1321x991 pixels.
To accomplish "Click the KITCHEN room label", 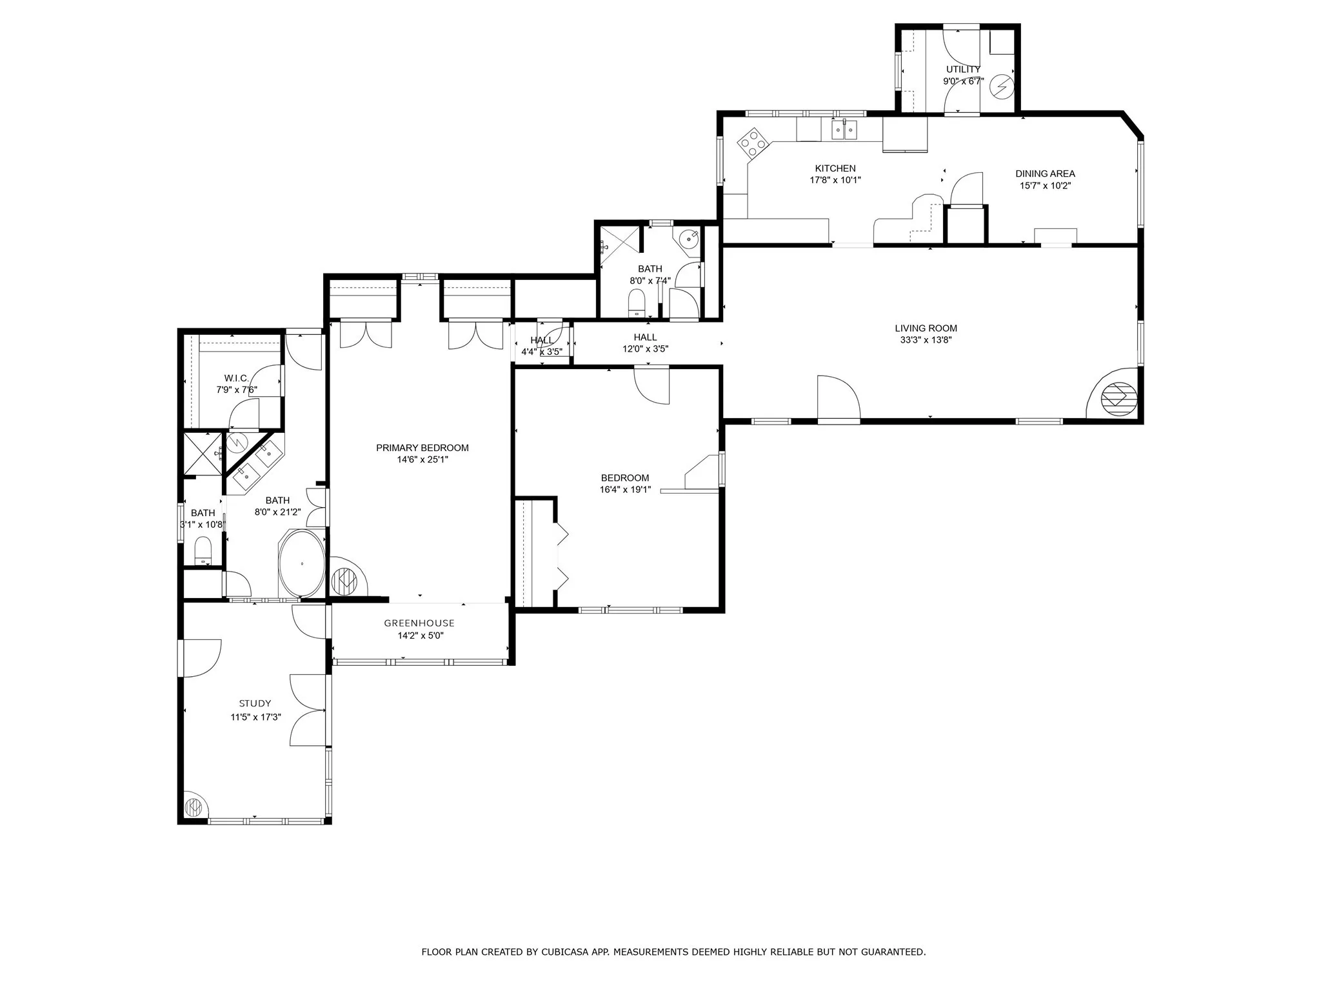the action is (835, 168).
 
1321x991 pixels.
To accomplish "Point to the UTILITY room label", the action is (963, 69).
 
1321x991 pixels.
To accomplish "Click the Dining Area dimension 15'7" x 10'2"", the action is (1045, 186).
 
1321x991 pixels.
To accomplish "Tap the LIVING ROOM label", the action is (926, 328).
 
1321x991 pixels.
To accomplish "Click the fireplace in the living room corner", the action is (1114, 394).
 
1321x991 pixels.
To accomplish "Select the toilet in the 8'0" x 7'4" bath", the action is (637, 303).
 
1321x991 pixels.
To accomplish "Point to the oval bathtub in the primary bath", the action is (301, 564).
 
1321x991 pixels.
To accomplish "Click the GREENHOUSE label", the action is (419, 623).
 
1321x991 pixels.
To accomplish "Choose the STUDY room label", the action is (255, 703).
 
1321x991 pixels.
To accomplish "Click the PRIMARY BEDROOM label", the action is (422, 448).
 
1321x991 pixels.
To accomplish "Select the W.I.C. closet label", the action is (236, 378).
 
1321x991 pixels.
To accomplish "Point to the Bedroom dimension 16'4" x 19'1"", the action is (625, 490).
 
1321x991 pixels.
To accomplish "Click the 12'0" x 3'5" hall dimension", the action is (645, 349).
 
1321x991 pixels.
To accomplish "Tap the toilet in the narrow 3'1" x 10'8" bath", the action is (203, 550).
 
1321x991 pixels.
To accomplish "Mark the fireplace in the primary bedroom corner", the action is (348, 577).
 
